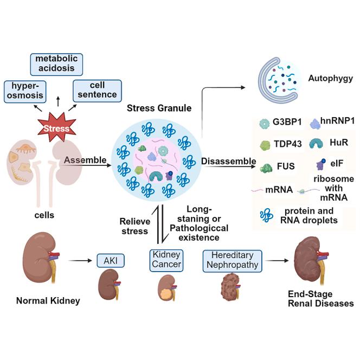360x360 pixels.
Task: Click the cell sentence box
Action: (x=97, y=90)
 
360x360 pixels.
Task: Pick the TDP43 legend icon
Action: (x=266, y=145)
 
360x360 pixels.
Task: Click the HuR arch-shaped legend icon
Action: (x=316, y=144)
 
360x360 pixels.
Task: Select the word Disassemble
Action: (x=228, y=161)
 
